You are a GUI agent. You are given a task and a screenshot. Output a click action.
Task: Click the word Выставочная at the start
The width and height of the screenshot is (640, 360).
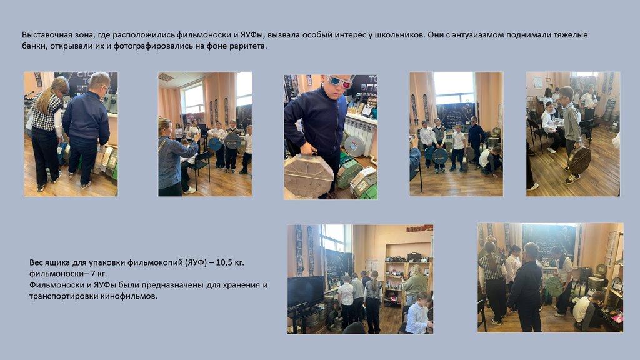46,35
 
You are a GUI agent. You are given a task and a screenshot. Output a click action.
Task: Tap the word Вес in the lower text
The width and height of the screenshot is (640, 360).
36,262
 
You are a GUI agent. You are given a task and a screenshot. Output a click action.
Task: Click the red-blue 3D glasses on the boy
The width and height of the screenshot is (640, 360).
339,81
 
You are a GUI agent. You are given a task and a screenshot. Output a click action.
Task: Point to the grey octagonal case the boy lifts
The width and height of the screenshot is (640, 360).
309,175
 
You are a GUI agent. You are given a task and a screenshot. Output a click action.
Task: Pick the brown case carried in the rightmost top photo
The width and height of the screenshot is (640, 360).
578,160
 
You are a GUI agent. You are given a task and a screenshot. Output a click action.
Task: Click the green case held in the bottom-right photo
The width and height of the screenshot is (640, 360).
555,285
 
